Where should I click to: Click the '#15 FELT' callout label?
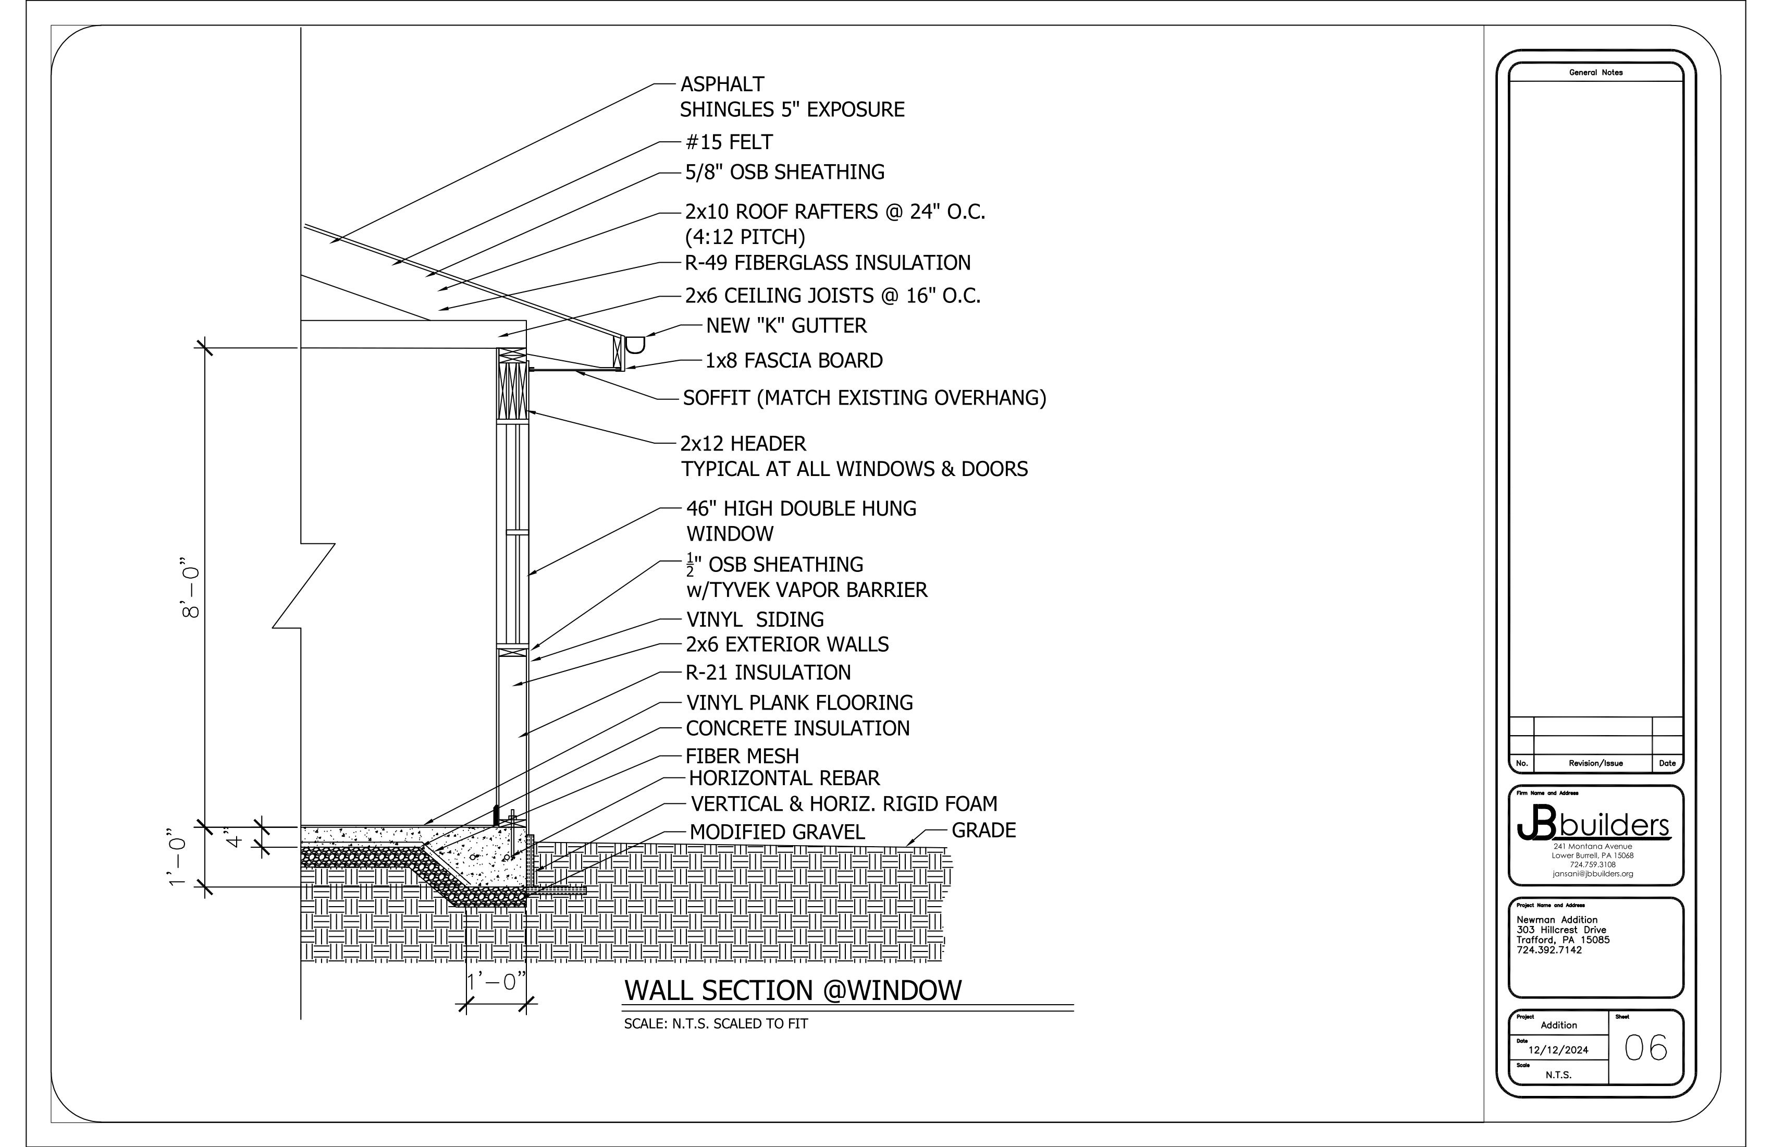click(729, 142)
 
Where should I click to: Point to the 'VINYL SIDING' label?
click(754, 620)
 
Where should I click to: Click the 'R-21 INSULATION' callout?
click(768, 673)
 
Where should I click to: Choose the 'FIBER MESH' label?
click(742, 756)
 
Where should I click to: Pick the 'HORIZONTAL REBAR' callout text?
click(784, 779)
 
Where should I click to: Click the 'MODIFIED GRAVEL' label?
click(777, 833)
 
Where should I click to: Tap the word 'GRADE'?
click(983, 831)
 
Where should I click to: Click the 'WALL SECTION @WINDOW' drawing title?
click(793, 991)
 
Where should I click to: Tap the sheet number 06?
click(1645, 1048)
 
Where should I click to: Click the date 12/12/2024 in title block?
click(1558, 1050)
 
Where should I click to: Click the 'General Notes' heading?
click(1595, 73)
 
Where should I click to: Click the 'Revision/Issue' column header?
click(1595, 763)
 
